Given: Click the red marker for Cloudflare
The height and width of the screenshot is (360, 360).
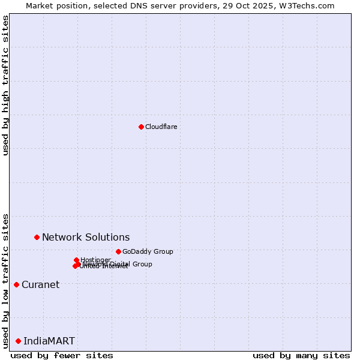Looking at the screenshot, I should coord(141,127).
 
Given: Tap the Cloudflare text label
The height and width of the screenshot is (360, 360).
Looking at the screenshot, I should coord(161,127).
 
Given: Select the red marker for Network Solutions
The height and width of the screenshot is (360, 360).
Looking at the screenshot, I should coord(37,237).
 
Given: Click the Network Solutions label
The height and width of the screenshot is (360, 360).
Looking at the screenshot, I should coord(85,237).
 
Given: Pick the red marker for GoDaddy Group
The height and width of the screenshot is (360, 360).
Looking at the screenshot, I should coord(118,251).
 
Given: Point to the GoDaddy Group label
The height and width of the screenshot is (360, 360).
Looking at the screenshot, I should coord(147,251).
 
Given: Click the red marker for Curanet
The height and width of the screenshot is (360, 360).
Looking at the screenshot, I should coord(16,284).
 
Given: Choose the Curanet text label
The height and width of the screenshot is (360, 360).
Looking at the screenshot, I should coord(40,284).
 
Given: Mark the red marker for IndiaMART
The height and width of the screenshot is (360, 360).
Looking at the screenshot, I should coord(18,341).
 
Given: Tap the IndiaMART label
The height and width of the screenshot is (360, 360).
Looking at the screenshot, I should coord(49,341).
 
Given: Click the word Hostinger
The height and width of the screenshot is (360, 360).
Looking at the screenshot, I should coord(95,260).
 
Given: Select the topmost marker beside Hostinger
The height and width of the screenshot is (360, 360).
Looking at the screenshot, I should coord(77,260).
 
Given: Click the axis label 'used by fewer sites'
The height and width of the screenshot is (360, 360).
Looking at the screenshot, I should coord(62,355).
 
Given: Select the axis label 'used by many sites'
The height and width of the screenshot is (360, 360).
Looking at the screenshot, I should coord(301,355).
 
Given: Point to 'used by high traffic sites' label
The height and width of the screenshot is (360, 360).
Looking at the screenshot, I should coord(5,85).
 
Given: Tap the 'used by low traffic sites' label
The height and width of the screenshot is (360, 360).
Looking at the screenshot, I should coord(5,280).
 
